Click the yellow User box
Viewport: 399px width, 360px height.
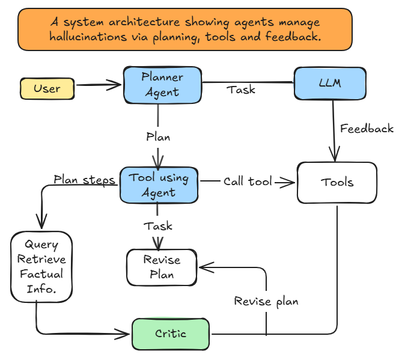click(47, 89)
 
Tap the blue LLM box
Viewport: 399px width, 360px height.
click(330, 84)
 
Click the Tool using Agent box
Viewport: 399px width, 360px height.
click(159, 185)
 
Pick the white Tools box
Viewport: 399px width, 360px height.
click(337, 183)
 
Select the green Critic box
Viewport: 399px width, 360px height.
click(171, 334)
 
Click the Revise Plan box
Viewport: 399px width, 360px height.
click(162, 267)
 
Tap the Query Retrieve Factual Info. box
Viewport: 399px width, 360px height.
click(41, 266)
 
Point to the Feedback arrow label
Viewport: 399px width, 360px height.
click(367, 128)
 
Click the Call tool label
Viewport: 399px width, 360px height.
click(248, 181)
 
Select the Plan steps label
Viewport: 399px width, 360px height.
click(84, 179)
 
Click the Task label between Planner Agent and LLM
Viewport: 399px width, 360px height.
click(241, 90)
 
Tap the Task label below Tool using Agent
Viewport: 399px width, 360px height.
click(158, 226)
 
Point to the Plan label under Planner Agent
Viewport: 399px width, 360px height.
click(158, 136)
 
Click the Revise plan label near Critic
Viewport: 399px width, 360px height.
click(266, 301)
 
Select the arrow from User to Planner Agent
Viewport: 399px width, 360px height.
click(99, 85)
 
